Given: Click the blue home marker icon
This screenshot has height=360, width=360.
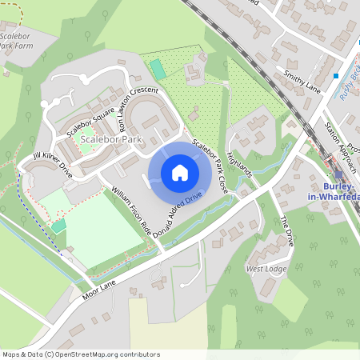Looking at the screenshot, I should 180,172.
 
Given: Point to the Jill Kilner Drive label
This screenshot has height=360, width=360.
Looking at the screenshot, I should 53,163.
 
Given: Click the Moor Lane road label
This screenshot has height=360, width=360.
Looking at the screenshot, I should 100,284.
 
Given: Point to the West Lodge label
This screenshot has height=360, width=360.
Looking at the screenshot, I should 266,269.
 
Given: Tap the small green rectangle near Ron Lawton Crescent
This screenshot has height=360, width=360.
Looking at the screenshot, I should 158,70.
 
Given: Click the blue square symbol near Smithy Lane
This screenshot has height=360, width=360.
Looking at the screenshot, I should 336,76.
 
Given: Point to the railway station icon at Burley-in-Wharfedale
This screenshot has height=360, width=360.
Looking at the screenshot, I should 338,173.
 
